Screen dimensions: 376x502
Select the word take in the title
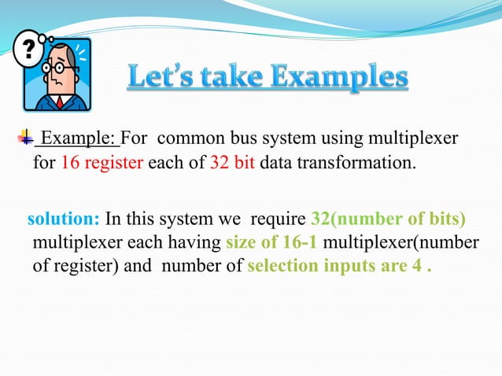238,80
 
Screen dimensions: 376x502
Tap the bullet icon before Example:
29,139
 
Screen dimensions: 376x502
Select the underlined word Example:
79,140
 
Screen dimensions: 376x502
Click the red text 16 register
103,164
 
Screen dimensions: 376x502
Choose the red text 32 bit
232,164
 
